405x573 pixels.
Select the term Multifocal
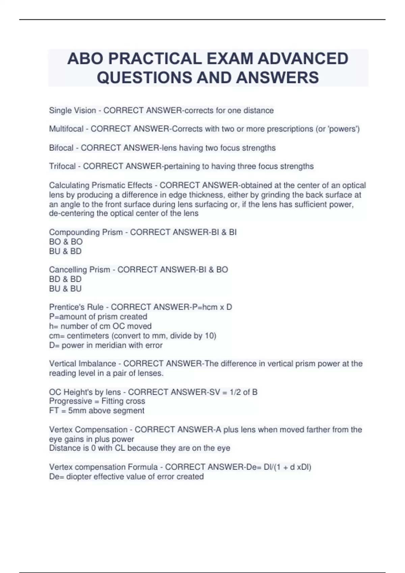coord(66,129)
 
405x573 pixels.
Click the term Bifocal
coord(61,148)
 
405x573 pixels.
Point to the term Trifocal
coord(62,167)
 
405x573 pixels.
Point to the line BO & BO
coord(66,242)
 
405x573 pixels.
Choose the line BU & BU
coord(65,289)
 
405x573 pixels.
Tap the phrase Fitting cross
coord(123,401)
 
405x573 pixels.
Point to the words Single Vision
coord(73,111)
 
